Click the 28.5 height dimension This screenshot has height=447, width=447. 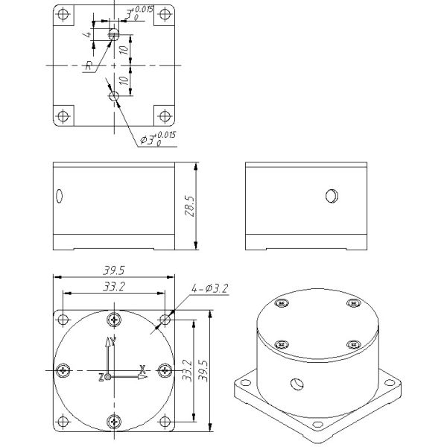190,206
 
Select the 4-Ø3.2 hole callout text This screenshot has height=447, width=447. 210,288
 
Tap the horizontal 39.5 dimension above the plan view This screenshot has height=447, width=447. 114,270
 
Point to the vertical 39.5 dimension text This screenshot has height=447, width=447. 203,370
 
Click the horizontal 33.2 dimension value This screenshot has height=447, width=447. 114,287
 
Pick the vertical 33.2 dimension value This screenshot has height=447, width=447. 188,370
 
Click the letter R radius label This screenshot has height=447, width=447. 89,66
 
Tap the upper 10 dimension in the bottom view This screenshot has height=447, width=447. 124,50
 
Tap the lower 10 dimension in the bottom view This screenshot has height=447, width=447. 124,80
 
